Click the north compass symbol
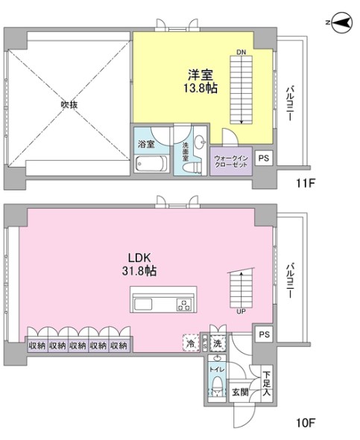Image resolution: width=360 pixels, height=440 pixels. tap(341, 23)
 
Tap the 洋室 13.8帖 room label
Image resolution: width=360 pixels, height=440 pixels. tap(200, 81)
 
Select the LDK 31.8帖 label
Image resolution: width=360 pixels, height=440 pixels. tap(139, 264)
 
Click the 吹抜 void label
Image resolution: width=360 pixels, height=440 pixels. tap(69, 105)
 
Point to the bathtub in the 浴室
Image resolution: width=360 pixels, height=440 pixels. tap(151, 163)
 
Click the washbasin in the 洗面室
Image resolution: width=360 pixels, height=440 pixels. tap(200, 141)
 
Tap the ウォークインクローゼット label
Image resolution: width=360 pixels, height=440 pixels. tap(231, 162)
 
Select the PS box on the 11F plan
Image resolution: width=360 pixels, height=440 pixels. tap(264, 158)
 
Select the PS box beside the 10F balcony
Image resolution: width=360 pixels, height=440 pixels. tap(264, 334)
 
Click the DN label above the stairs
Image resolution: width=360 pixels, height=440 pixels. tap(241, 52)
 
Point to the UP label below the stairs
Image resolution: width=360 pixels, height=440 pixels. tap(241, 311)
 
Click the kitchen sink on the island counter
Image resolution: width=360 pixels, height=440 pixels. tap(143, 305)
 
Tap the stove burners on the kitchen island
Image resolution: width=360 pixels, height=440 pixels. tap(184, 305)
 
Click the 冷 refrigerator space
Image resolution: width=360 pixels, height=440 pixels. tap(191, 343)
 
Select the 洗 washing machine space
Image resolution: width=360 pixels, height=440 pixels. tap(218, 343)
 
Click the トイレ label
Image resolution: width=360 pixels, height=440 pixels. tap(217, 370)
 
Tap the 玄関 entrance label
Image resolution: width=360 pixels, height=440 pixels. tap(240, 392)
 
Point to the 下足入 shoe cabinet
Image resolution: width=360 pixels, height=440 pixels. tap(267, 383)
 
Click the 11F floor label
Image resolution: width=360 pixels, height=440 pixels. tap(306, 184)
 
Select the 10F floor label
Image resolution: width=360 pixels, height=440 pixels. tap(306, 423)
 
